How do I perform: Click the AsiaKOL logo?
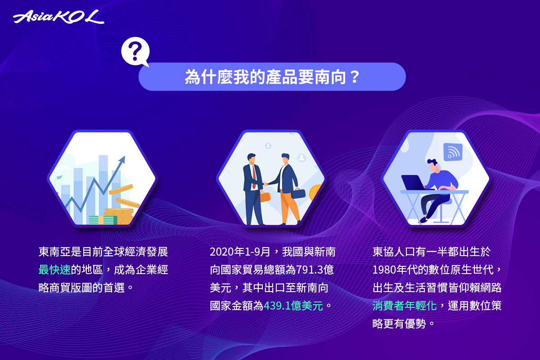(x=58, y=17)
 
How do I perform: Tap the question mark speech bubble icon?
(x=135, y=52)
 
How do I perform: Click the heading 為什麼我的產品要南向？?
(x=272, y=77)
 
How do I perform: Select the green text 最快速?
(x=54, y=270)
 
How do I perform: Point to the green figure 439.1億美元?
(x=293, y=306)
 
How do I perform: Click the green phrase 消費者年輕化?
(x=405, y=306)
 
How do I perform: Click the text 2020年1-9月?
(x=240, y=252)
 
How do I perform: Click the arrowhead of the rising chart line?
(x=123, y=159)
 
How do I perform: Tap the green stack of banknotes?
(x=103, y=220)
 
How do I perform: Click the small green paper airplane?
(x=59, y=177)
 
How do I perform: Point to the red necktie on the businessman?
(x=254, y=177)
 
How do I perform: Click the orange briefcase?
(x=265, y=197)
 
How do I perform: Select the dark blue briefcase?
(x=298, y=193)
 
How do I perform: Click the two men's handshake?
(x=265, y=184)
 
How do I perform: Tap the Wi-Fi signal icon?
(x=453, y=152)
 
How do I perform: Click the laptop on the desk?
(x=413, y=183)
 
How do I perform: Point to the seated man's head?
(x=433, y=166)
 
